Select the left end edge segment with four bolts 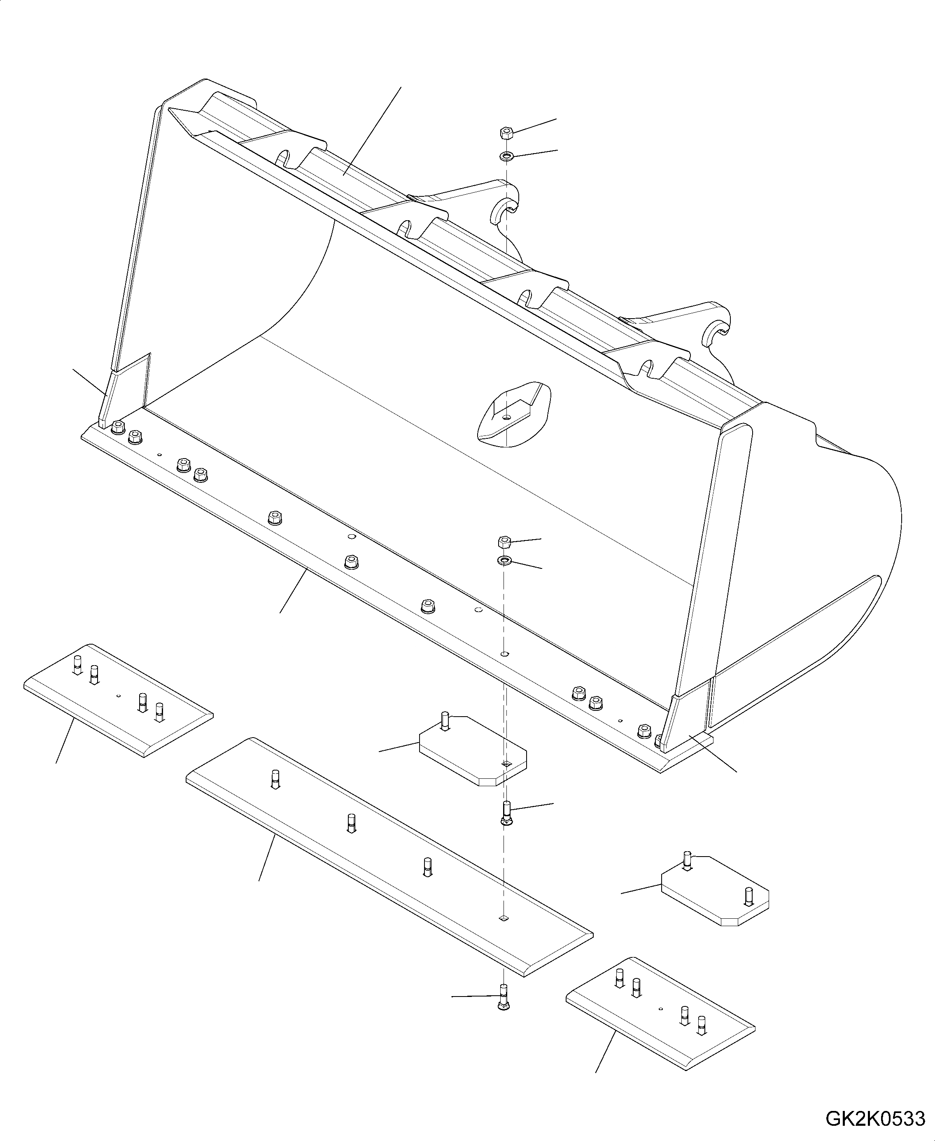click(119, 700)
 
